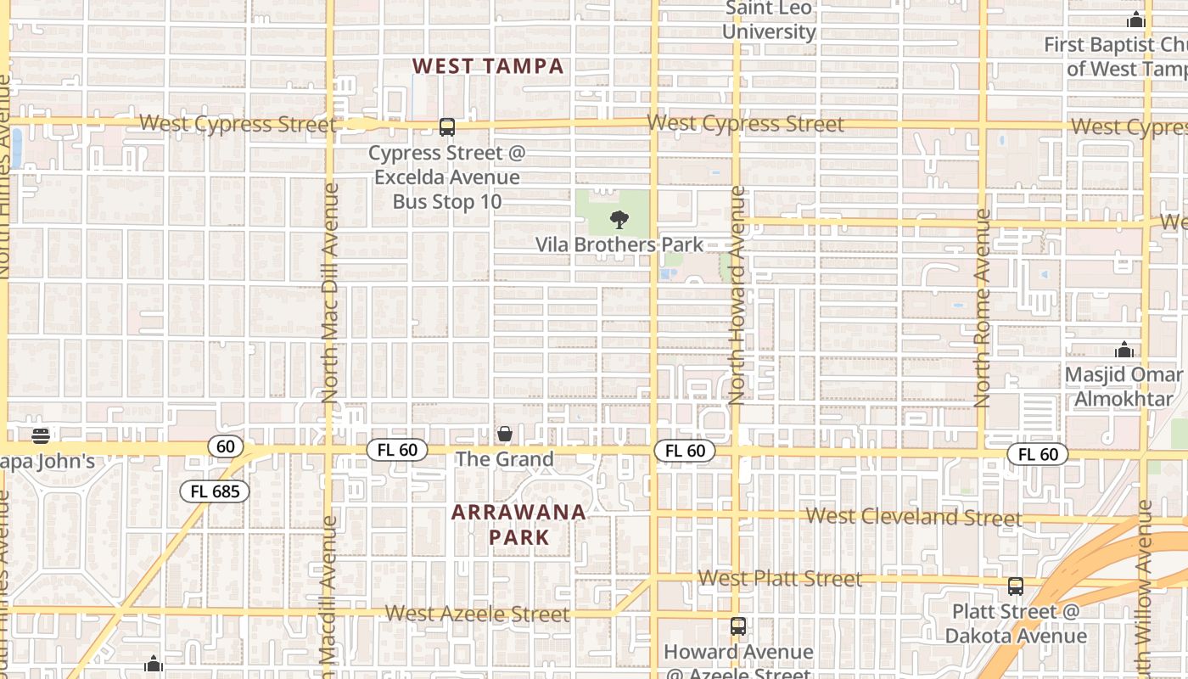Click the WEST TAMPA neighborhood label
coord(488,66)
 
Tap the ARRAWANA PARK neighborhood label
coord(518,525)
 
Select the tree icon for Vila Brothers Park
coord(619,220)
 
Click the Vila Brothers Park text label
coord(619,245)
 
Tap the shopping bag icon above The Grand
coord(505,434)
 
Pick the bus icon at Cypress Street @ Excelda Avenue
coord(447,127)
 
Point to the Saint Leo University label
coord(769,20)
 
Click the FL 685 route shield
coord(215,491)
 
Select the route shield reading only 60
coord(225,446)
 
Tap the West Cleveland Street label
coord(914,517)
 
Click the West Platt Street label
coord(780,579)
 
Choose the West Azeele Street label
coord(477,614)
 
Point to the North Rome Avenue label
coord(983,308)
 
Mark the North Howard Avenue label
coord(737,295)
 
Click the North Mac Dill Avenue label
coord(330,293)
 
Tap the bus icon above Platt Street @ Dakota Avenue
coord(1016,586)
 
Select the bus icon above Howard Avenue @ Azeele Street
coord(738,626)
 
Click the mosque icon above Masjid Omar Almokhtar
coord(1124,350)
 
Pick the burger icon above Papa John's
coord(40,436)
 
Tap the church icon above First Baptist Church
coord(1135,20)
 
